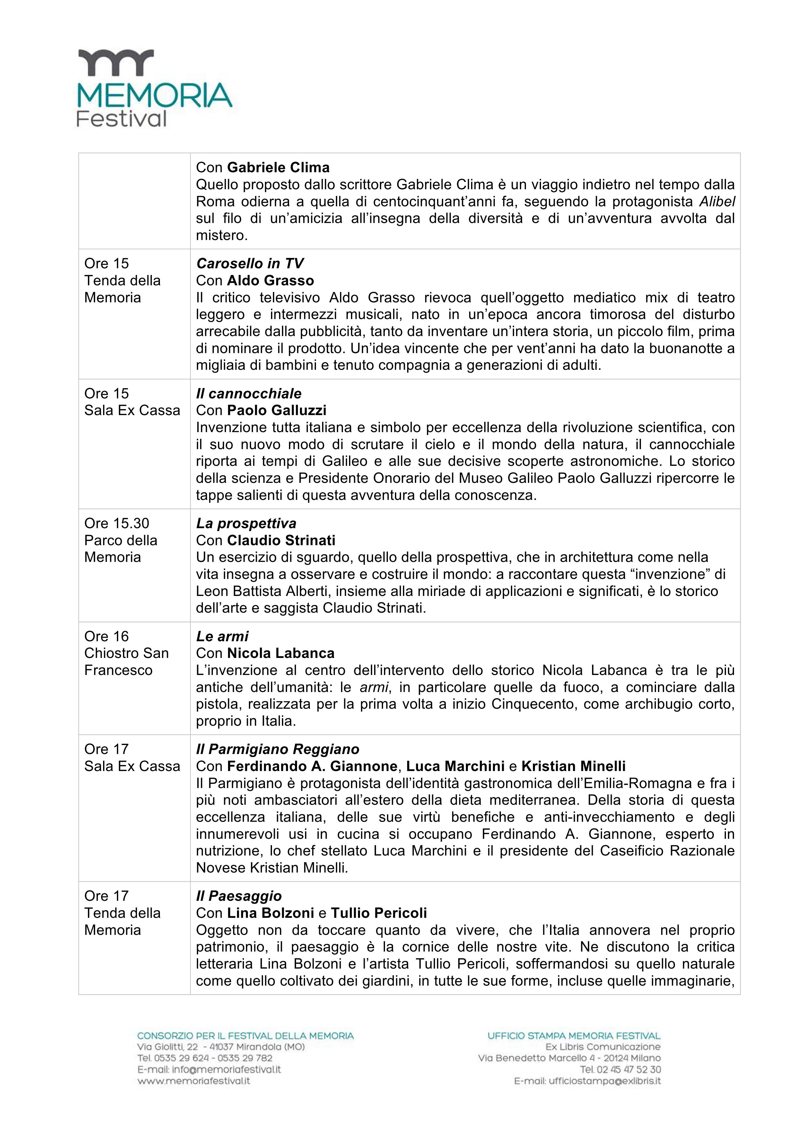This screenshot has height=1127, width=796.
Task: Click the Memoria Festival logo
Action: point(154,88)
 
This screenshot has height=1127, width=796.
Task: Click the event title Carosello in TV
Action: point(249,263)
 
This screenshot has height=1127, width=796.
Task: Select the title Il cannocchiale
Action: point(249,394)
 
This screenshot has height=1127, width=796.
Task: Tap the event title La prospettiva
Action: point(246,524)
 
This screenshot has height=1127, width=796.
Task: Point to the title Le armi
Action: point(222,637)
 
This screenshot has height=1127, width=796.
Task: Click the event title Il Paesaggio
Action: point(239,896)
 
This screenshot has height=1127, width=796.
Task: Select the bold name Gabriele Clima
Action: point(278,168)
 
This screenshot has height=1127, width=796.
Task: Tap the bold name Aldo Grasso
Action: point(270,281)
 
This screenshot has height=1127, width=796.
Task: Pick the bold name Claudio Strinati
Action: point(281,540)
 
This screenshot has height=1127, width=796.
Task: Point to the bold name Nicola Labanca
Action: point(281,653)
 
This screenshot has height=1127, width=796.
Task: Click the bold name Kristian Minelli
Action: point(573,766)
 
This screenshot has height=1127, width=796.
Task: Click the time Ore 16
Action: point(106,637)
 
